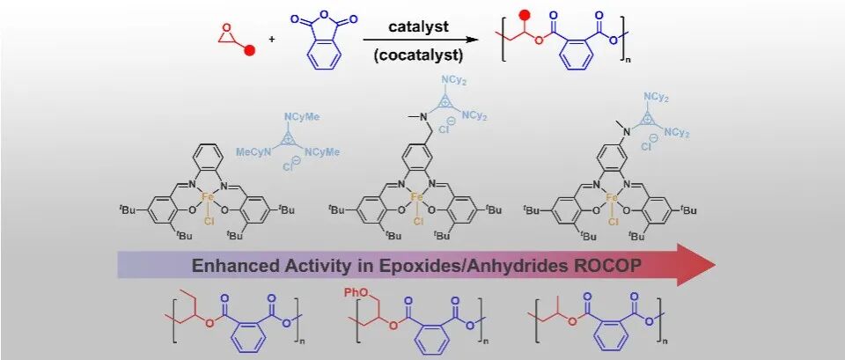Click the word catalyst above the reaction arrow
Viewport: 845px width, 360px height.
418,27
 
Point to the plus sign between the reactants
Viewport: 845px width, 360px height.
272,40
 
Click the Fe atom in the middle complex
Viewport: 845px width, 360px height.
416,197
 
